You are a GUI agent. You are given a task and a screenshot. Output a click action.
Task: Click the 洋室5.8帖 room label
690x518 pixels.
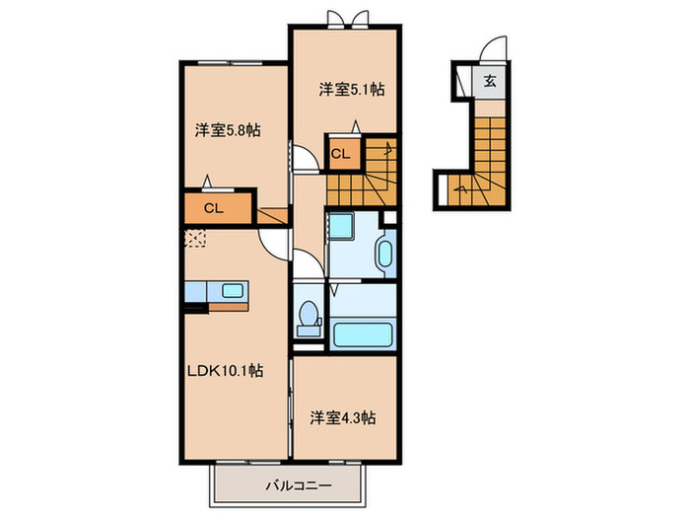coord(227,129)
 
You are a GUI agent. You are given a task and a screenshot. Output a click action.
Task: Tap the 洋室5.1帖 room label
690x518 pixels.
coord(350,89)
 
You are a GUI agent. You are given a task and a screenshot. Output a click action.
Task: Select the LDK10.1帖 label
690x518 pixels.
coord(226,371)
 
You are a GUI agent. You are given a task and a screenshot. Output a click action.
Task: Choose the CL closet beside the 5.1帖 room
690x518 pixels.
coord(339,154)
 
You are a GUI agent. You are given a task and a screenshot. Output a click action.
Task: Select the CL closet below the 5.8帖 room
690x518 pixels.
coord(212,208)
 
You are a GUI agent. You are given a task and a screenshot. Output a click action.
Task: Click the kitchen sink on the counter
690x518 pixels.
coord(234,291)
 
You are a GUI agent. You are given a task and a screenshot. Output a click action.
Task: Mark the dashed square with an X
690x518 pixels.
coord(195,238)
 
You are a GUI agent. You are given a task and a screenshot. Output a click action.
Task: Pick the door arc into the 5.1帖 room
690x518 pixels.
coord(307,159)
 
